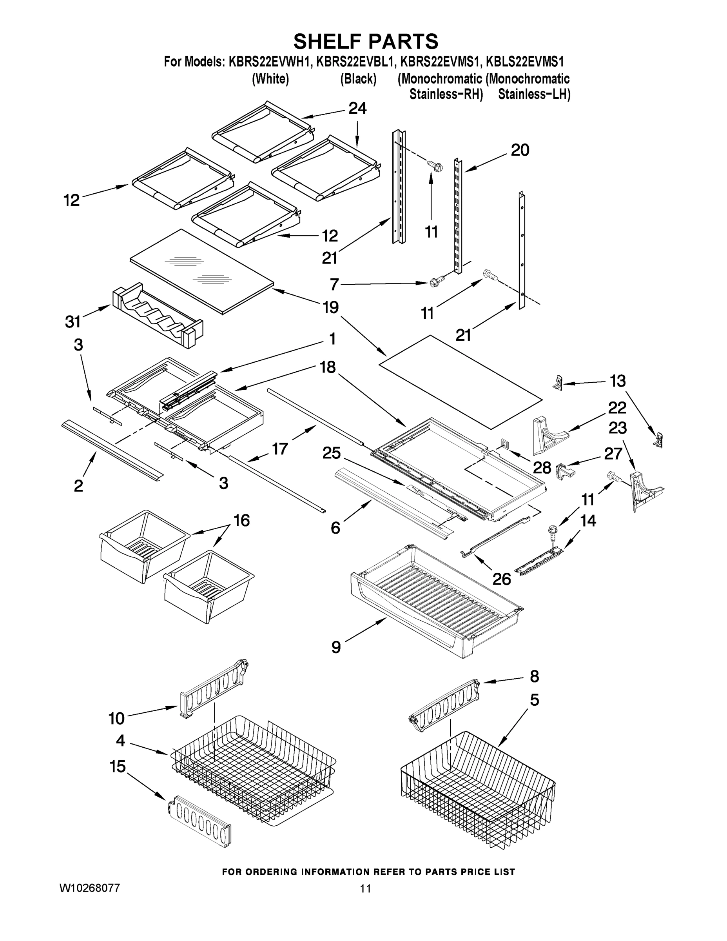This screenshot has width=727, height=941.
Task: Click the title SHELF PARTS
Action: (x=366, y=42)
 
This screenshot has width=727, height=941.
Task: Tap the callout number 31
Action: (x=73, y=322)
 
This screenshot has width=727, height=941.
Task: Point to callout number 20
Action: (x=520, y=151)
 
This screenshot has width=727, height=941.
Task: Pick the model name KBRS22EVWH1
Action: (x=269, y=62)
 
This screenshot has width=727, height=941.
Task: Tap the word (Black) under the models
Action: (x=358, y=79)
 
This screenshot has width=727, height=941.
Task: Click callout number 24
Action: (x=357, y=108)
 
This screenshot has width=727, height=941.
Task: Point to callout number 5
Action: (x=534, y=700)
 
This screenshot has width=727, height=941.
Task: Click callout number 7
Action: (x=335, y=285)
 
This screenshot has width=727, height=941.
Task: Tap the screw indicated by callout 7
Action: (x=435, y=283)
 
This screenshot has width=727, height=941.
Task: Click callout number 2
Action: (x=78, y=485)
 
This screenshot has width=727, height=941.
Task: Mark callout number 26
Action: (x=502, y=579)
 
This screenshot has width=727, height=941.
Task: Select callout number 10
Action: (x=116, y=718)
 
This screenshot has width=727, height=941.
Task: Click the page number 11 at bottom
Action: (x=365, y=888)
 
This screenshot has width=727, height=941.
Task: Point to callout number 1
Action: (x=332, y=339)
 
